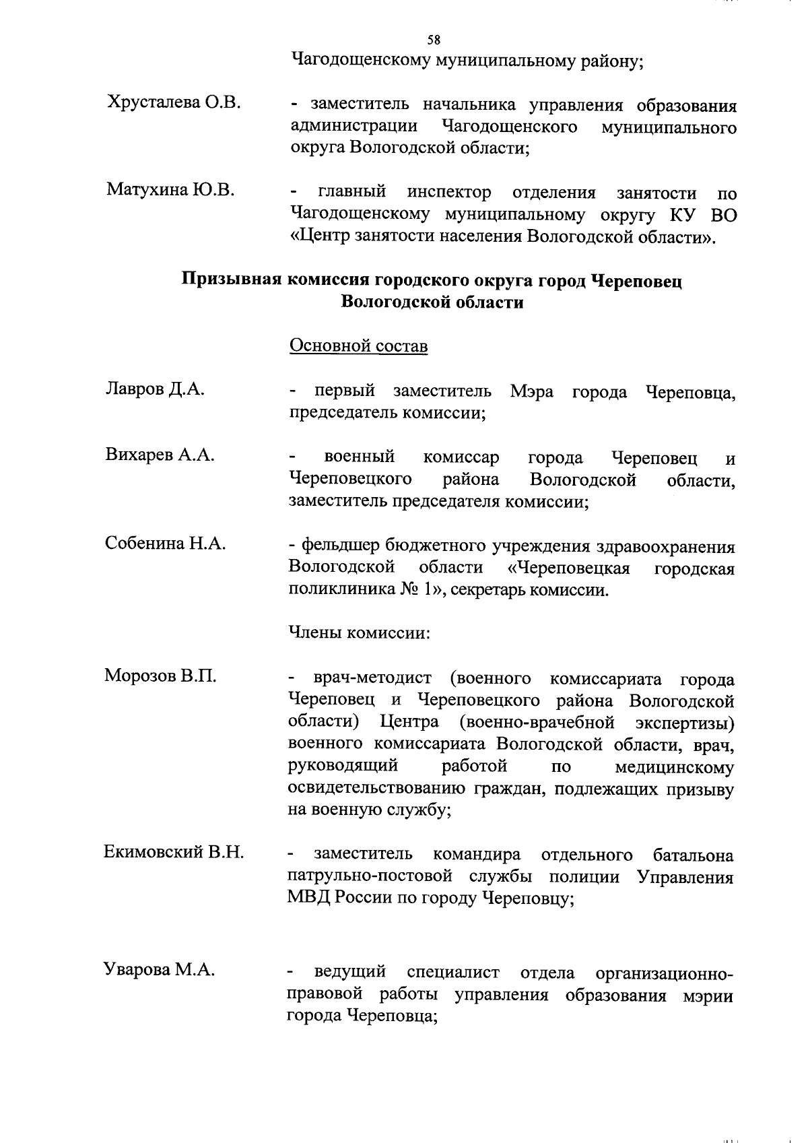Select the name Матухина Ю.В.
(170, 190)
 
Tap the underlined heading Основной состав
(358, 346)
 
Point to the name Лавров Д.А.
(155, 389)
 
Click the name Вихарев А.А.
(160, 455)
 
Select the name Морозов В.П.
(160, 676)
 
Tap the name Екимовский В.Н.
(174, 853)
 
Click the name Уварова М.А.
(160, 970)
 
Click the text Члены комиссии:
(359, 633)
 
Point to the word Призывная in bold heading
(232, 280)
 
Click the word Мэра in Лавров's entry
(532, 392)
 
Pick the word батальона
(693, 855)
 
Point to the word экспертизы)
(684, 723)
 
